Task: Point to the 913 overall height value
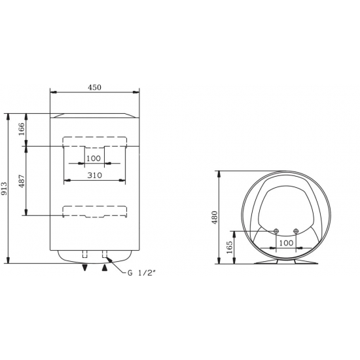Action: (6, 189)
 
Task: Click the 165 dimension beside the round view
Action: (229, 247)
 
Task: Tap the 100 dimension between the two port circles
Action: (286, 243)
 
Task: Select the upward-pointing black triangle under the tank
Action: (105, 267)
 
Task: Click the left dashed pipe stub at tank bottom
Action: (84, 255)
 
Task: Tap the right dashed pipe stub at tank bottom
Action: (104, 255)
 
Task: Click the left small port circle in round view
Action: (276, 231)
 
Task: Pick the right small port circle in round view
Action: (297, 231)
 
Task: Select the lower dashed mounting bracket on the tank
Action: (95, 211)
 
